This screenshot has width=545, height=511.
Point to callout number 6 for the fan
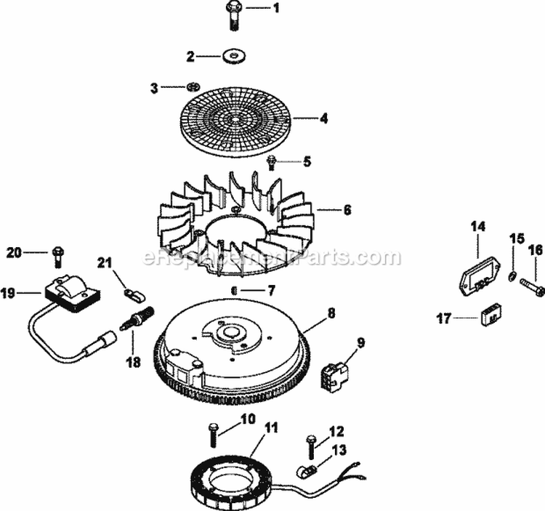pos(347,210)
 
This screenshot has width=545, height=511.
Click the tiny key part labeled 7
pos(234,289)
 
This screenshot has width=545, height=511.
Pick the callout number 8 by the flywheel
pos(331,314)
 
